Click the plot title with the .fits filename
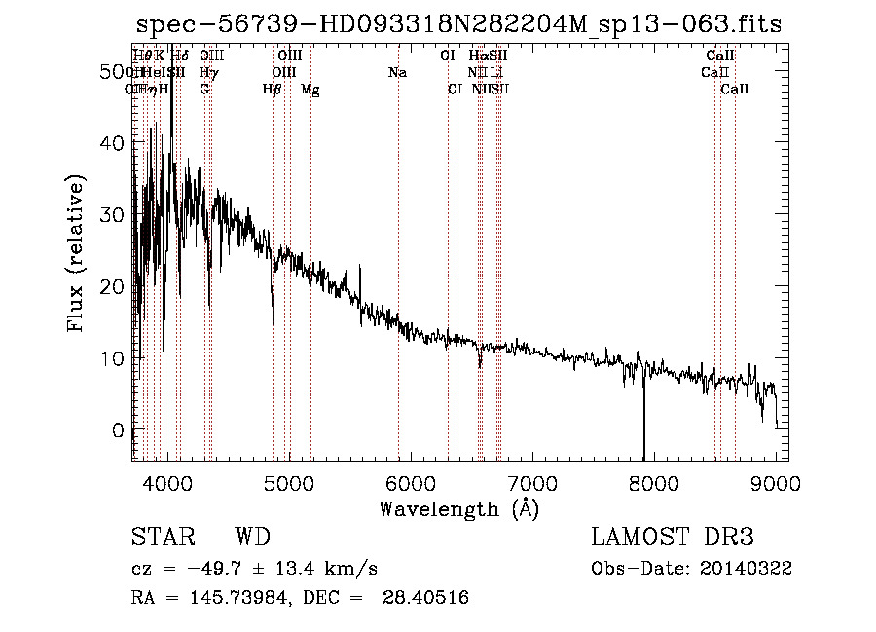(x=458, y=25)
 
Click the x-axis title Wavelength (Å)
(x=458, y=508)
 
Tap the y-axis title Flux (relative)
(x=77, y=252)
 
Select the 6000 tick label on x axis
(x=410, y=482)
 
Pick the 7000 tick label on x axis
(x=532, y=482)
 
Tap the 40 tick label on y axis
(x=112, y=143)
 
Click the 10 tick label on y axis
(x=112, y=358)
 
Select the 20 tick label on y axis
(x=112, y=286)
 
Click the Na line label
(x=397, y=73)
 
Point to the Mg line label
(x=310, y=90)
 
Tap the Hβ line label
(x=273, y=90)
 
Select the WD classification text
(x=252, y=538)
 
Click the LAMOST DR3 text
(x=673, y=538)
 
